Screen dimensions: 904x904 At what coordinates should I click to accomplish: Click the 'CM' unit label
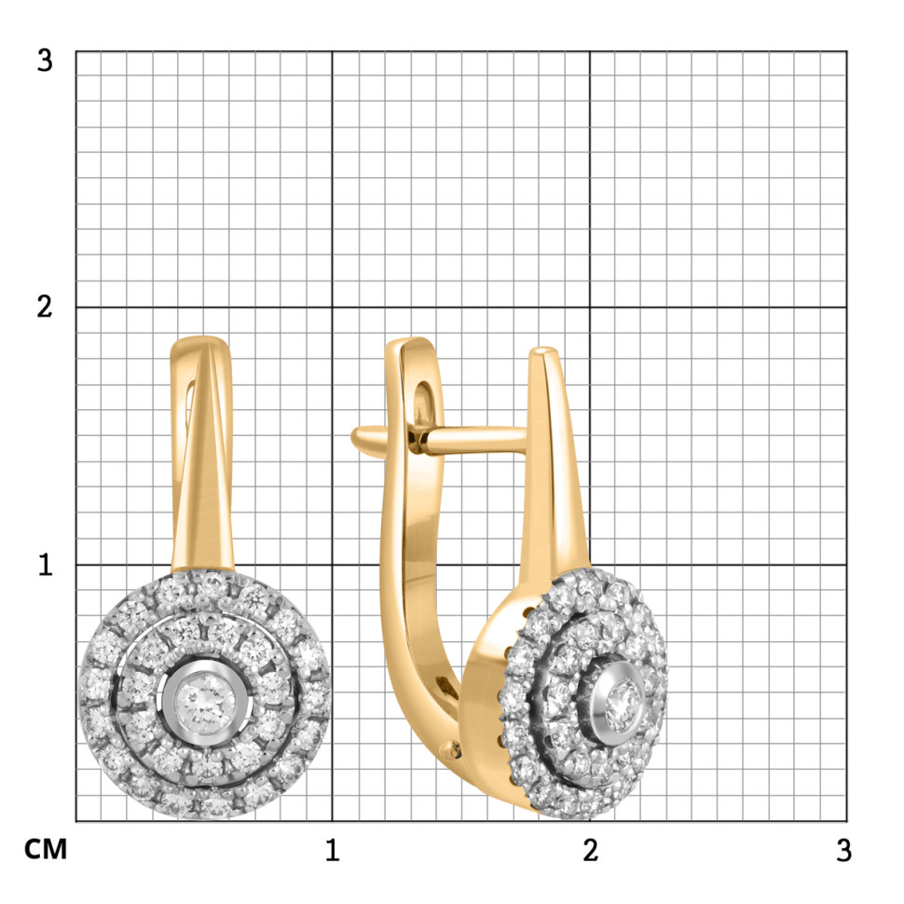46,849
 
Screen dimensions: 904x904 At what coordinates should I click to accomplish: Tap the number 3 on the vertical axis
45,61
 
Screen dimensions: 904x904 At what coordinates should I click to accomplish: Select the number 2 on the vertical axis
45,307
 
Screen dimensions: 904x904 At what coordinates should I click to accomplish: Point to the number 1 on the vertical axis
46,565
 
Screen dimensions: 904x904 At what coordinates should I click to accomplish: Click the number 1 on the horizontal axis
332,850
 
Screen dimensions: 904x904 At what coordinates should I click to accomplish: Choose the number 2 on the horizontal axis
590,850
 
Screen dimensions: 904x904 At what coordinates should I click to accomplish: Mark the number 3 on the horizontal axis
843,850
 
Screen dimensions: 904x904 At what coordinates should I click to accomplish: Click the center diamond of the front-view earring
205,701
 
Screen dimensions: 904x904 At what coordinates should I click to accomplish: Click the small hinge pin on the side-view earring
450,749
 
